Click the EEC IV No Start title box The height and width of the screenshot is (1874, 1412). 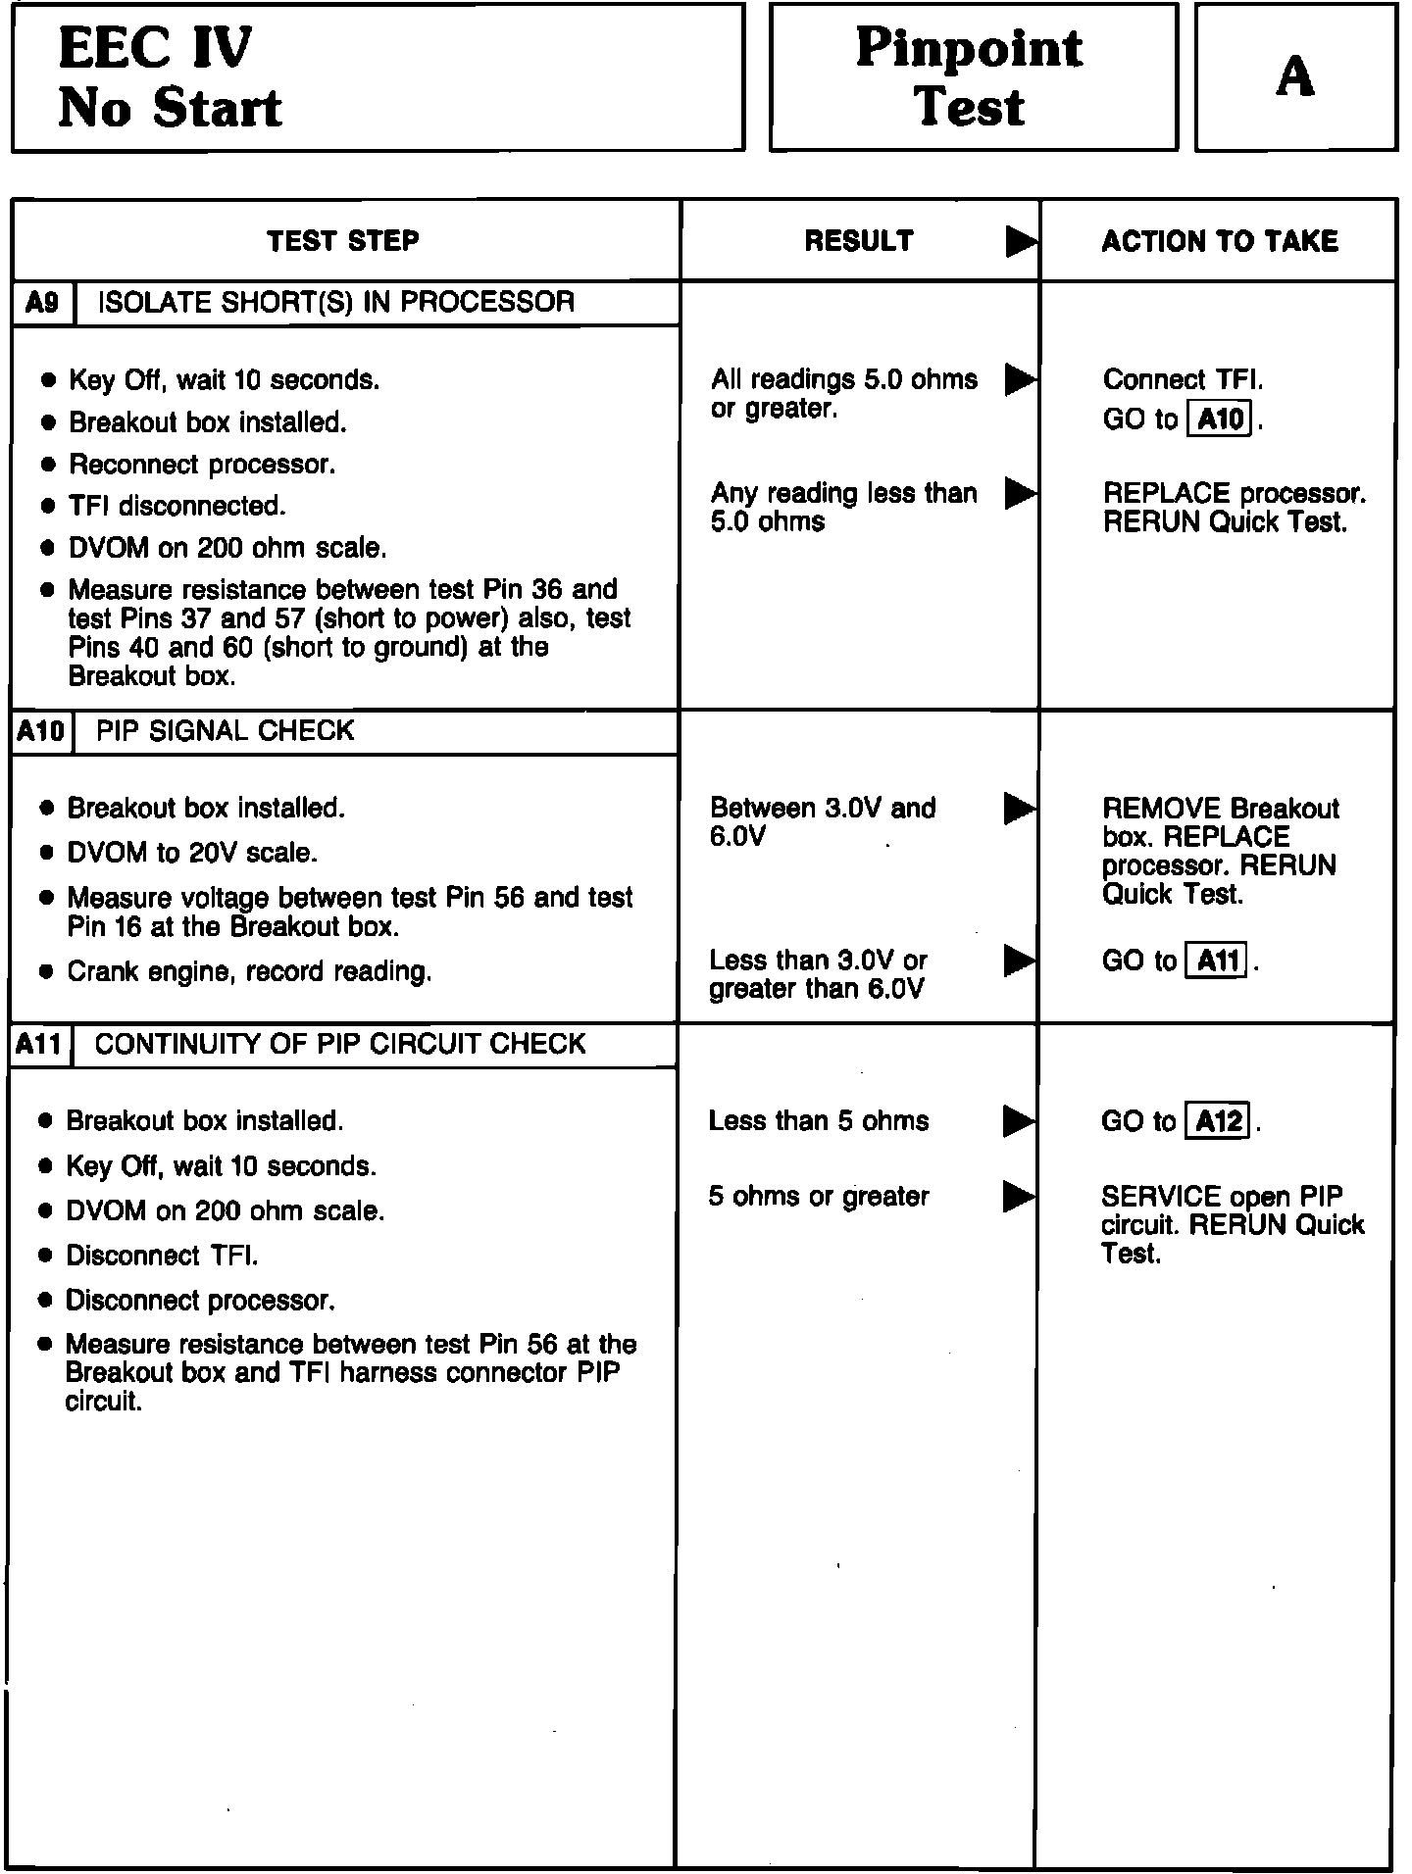[x=378, y=77]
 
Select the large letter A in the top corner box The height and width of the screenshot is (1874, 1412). [x=1294, y=76]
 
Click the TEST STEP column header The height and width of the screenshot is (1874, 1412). [x=343, y=241]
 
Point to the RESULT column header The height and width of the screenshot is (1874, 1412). [x=859, y=241]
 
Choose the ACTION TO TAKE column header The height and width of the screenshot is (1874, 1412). [x=1219, y=241]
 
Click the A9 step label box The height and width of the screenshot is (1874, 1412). [x=42, y=302]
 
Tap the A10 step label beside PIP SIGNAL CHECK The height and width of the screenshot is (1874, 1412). [x=41, y=731]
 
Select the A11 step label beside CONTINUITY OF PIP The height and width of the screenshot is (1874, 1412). [x=40, y=1045]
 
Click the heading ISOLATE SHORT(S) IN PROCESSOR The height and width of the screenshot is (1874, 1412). [x=335, y=302]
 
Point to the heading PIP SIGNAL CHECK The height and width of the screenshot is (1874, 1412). [x=226, y=731]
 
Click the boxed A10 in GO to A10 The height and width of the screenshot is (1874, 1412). [x=1220, y=419]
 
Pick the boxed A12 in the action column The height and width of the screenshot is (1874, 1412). [x=1219, y=1120]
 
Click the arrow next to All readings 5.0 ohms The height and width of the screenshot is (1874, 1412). [x=1020, y=379]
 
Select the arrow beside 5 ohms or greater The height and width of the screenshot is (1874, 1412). [x=1018, y=1196]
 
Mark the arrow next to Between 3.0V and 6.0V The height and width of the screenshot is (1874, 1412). [x=1019, y=809]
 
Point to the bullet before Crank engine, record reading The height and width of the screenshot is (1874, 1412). [x=46, y=972]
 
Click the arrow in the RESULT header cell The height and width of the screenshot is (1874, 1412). [x=1020, y=241]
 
